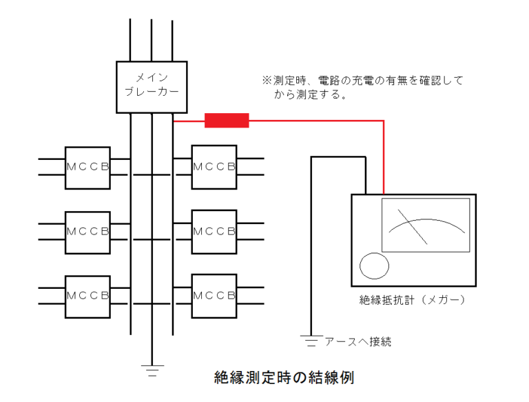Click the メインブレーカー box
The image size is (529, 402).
coord(152,86)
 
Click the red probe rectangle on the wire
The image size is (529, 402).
coord(227,121)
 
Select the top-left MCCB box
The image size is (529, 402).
coord(87,167)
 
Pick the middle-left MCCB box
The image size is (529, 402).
coord(87,232)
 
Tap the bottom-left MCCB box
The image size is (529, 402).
coord(87,297)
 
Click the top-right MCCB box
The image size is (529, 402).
coord(214,167)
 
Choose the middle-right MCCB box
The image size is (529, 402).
coord(214,232)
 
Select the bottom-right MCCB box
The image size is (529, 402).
coord(214,297)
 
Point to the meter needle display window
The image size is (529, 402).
coord(426,225)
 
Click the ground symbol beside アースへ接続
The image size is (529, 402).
coord(311,340)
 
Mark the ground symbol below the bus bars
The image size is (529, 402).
coord(152,369)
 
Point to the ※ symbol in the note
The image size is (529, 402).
coord(266,81)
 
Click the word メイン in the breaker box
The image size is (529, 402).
coord(152,77)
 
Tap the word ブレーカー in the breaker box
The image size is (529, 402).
coord(152,92)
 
